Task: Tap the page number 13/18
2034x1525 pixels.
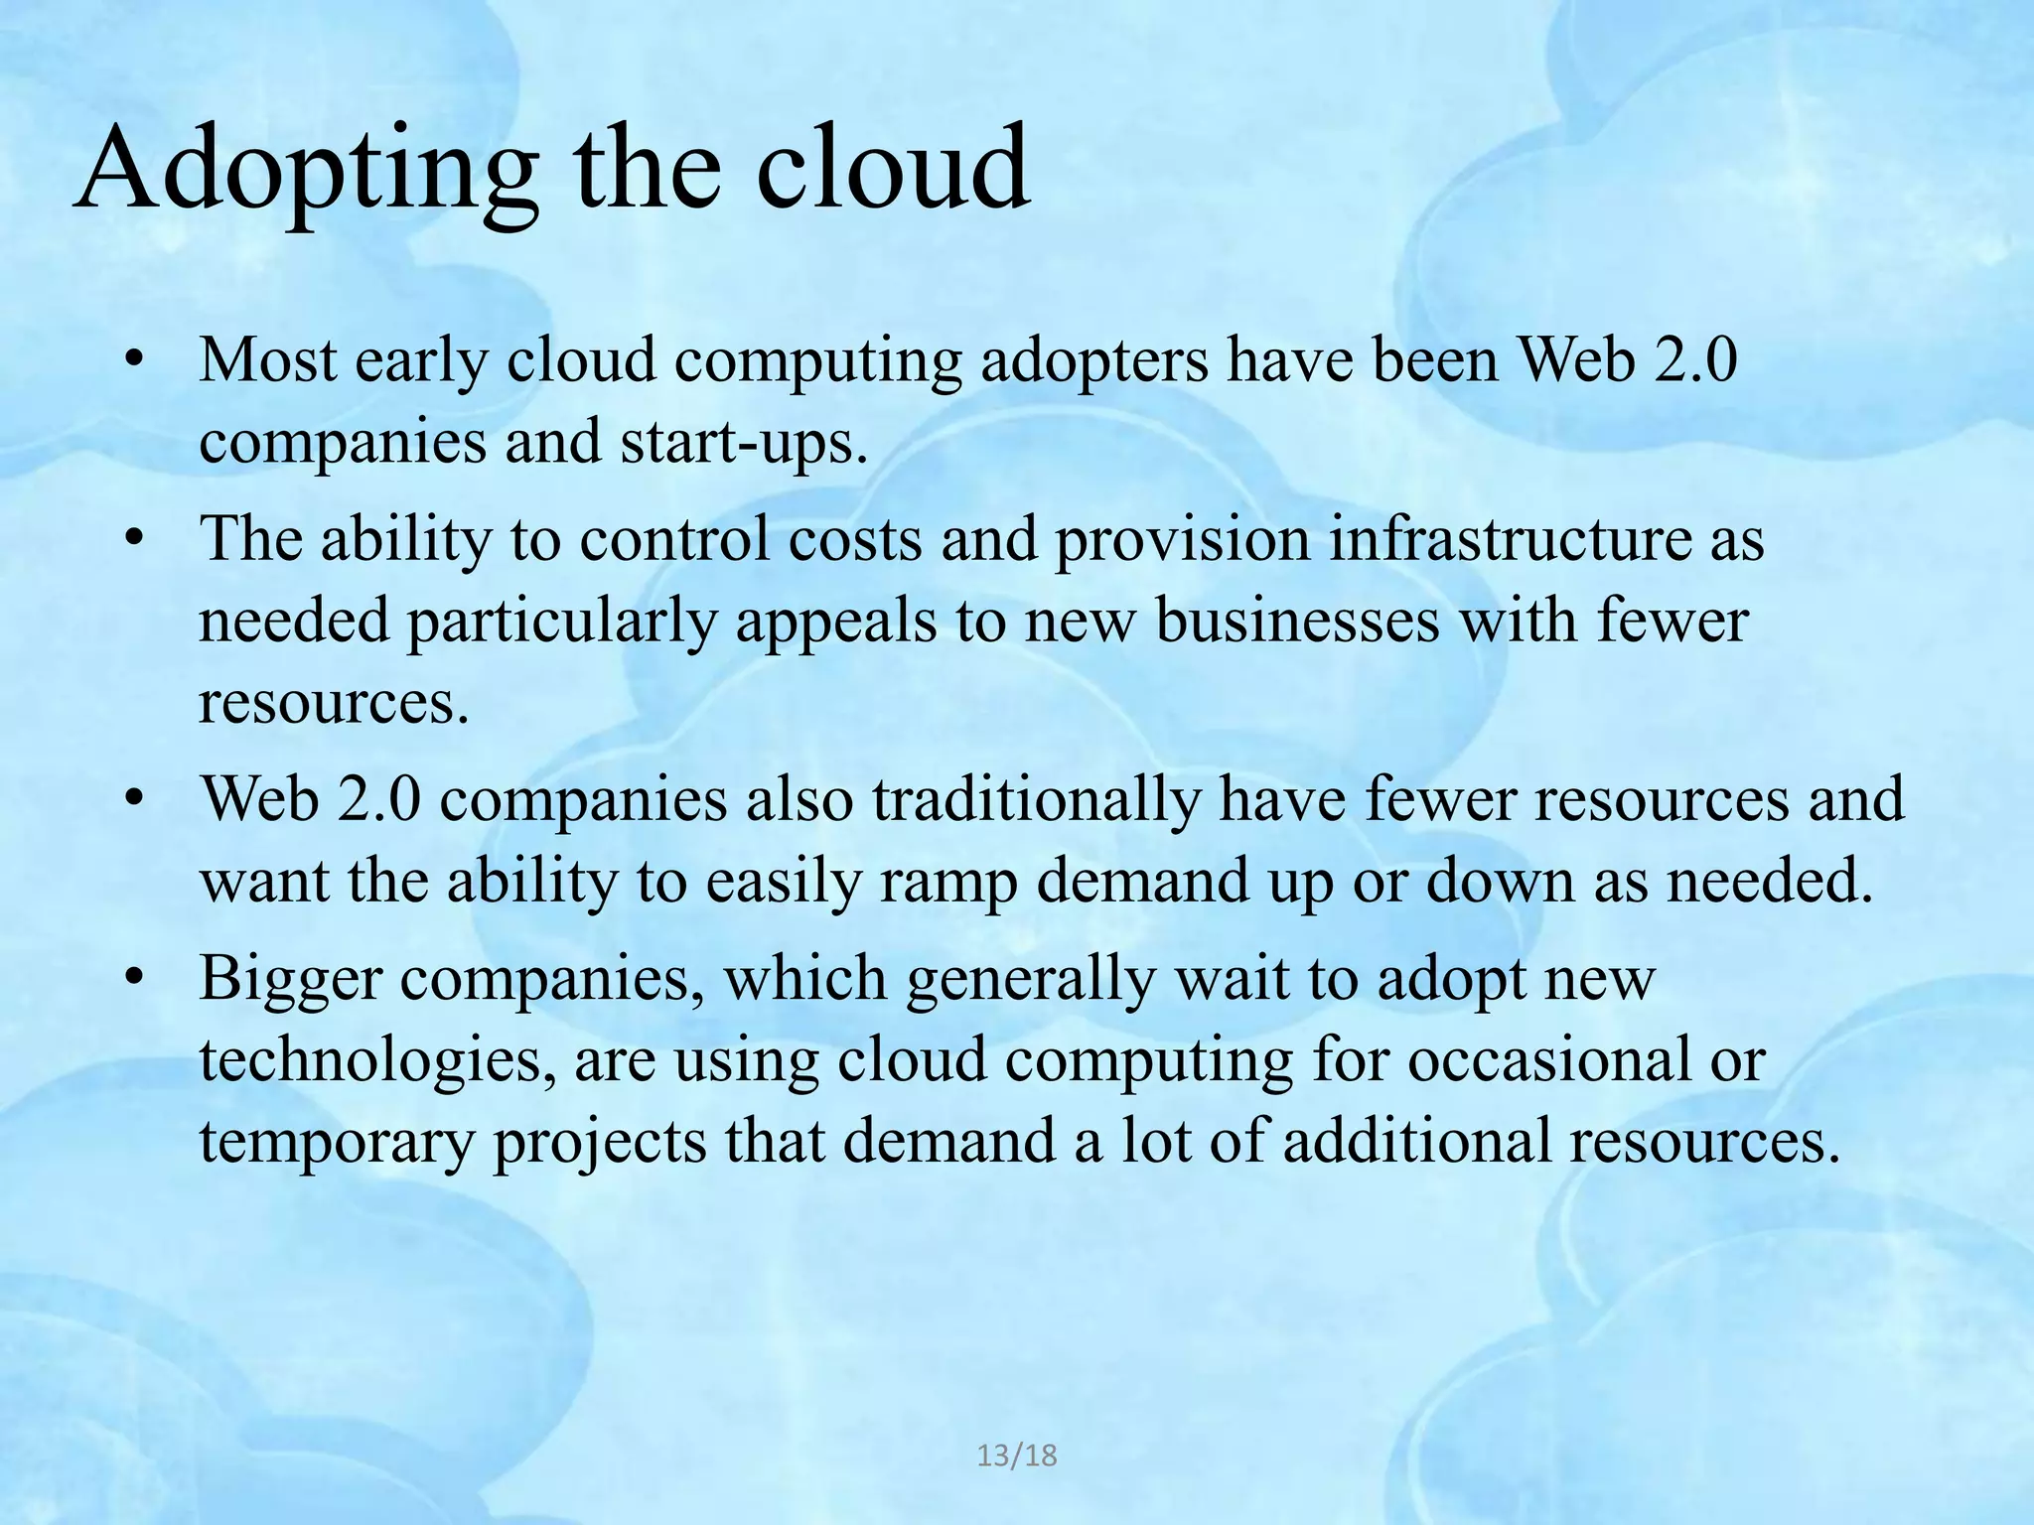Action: (1017, 1456)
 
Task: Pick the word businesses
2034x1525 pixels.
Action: (1297, 623)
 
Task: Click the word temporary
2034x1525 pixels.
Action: (337, 1142)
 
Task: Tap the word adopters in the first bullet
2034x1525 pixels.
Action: (1093, 361)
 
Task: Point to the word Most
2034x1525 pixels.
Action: (268, 359)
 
